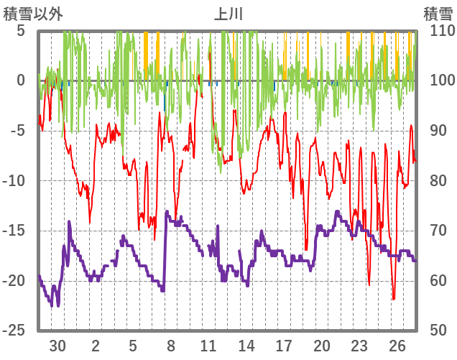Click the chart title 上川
(x=228, y=14)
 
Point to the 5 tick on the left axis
(x=21, y=31)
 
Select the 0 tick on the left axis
(x=21, y=80)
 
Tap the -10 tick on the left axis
(x=15, y=180)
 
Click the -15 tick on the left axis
(x=15, y=231)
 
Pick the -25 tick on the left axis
(x=15, y=331)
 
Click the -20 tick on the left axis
(x=15, y=280)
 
